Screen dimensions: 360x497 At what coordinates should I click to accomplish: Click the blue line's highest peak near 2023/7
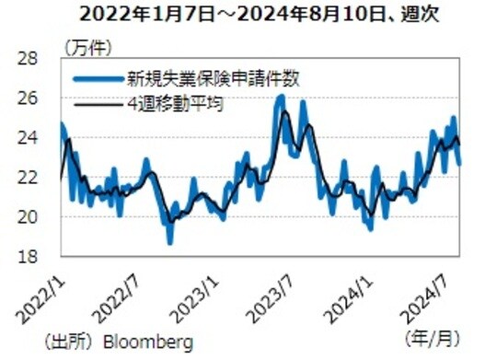tap(282, 96)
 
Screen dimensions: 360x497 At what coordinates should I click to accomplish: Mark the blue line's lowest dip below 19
tap(169, 241)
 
